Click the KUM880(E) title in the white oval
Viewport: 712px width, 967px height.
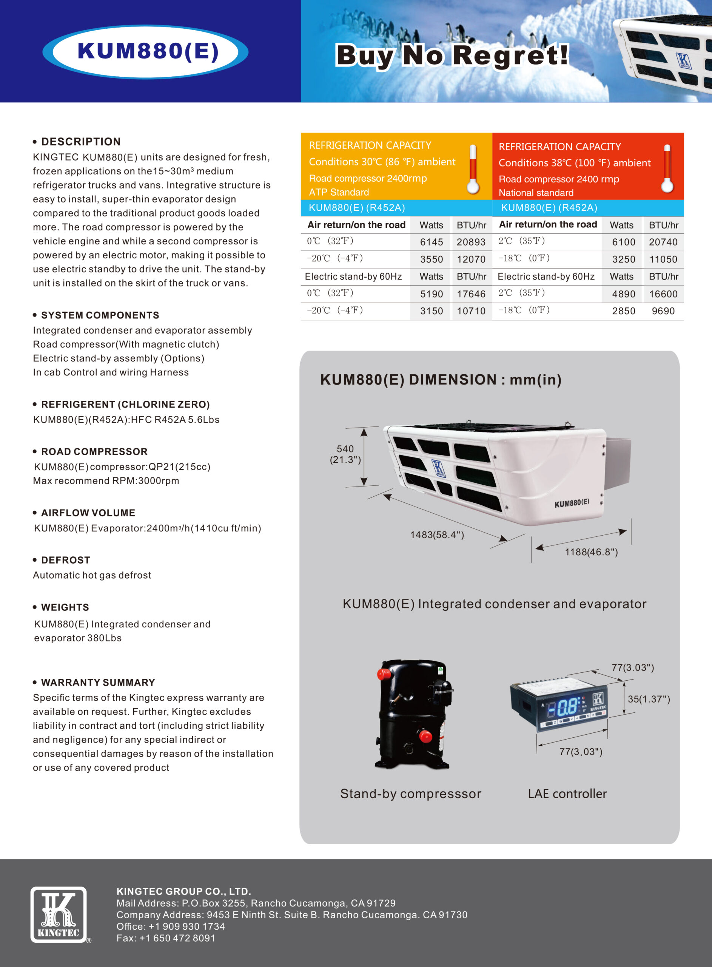148,51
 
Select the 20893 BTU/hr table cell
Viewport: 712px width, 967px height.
471,242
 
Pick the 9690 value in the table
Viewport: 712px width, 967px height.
663,311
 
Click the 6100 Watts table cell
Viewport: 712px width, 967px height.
623,242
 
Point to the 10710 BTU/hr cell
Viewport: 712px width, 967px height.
471,311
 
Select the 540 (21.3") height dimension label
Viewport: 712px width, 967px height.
345,454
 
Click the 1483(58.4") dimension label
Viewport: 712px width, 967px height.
436,535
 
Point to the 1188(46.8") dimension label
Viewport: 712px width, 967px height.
591,552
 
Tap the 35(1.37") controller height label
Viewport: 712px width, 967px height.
649,699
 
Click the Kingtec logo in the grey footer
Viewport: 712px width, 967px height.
59,914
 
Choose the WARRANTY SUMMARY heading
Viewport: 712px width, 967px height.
98,683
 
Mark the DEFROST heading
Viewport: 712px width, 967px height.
66,560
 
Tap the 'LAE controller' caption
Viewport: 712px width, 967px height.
567,794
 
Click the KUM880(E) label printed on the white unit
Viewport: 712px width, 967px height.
572,503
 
